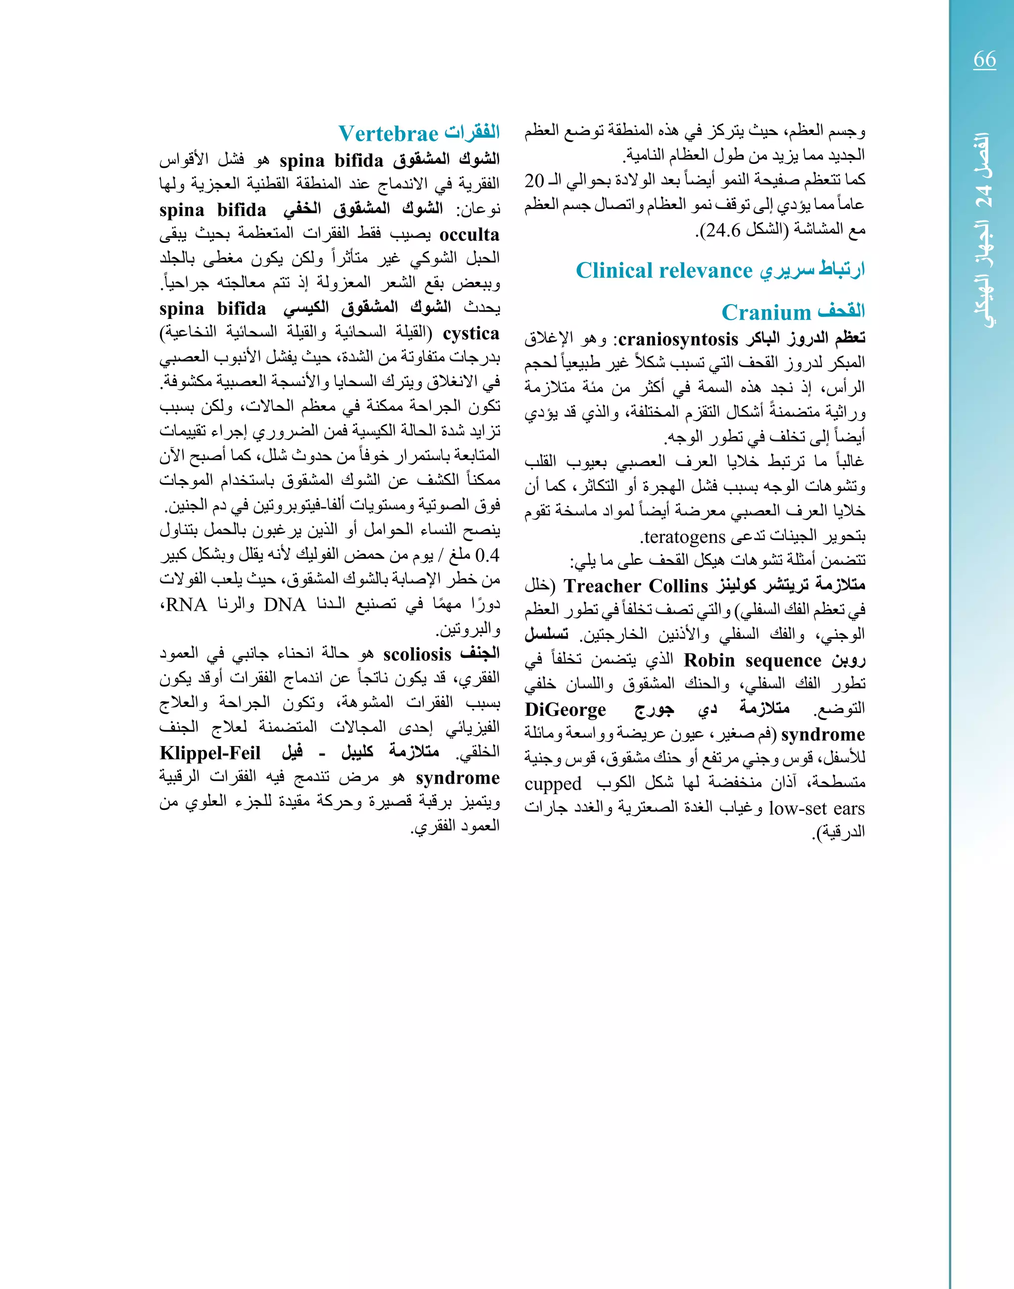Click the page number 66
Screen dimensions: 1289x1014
click(984, 59)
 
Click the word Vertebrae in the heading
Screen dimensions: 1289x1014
click(388, 134)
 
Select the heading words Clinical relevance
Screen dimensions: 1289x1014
click(664, 271)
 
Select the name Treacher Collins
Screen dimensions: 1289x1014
click(636, 586)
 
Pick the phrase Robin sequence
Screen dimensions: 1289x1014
click(752, 660)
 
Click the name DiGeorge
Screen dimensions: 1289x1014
click(565, 710)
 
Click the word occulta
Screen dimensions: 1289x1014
click(469, 235)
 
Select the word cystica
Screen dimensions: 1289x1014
click(471, 334)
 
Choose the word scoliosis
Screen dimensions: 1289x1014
click(417, 654)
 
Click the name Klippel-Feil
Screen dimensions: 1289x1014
click(210, 753)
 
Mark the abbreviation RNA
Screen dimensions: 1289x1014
click(186, 605)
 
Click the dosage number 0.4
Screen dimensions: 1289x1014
click(487, 556)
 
